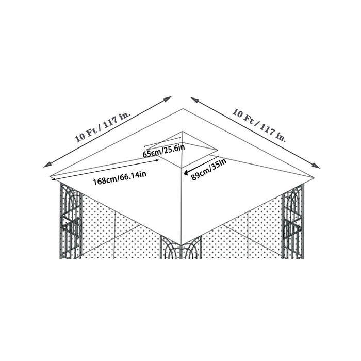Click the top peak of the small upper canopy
tap(182, 132)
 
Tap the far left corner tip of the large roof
tap(51, 178)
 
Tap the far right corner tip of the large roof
tap(314, 178)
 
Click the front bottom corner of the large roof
tap(182, 244)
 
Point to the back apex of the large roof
tap(182, 109)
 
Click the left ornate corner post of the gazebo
tap(71, 222)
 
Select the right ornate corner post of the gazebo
tap(293, 222)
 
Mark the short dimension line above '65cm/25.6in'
tap(162, 142)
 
